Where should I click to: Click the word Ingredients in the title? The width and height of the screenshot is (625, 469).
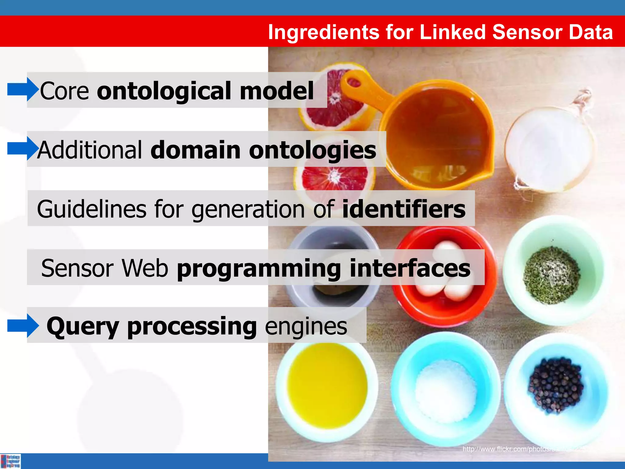(323, 32)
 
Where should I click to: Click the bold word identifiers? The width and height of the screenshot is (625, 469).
(404, 209)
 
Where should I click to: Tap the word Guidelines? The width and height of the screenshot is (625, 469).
(92, 209)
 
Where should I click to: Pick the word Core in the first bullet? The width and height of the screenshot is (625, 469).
(64, 91)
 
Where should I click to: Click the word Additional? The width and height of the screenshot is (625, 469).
(90, 150)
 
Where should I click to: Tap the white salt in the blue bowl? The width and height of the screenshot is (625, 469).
(446, 391)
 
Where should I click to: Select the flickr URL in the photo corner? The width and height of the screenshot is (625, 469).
(525, 449)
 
